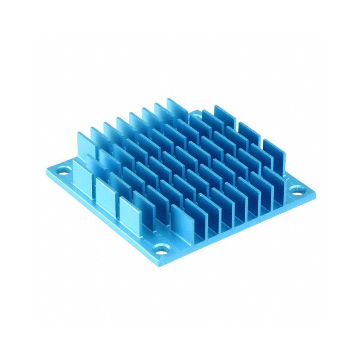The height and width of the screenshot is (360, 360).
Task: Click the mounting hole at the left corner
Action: pyautogui.click(x=63, y=171)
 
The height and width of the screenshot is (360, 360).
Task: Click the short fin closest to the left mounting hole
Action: pyautogui.click(x=81, y=175)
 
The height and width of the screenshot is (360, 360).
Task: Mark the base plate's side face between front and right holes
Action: pyautogui.click(x=238, y=229)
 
